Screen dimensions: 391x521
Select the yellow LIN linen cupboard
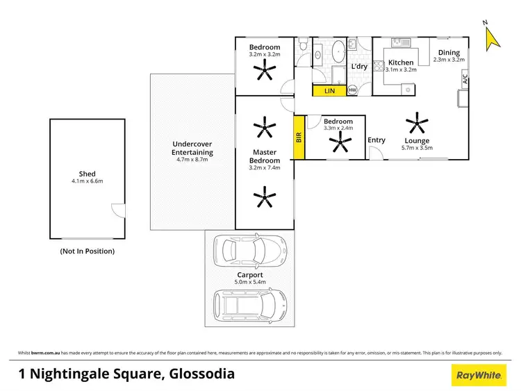[x=330, y=90]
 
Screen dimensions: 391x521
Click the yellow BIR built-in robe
[x=299, y=138]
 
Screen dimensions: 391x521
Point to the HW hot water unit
[x=352, y=90]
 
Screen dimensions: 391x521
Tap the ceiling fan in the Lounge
[x=417, y=124]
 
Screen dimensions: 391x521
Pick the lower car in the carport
[x=250, y=303]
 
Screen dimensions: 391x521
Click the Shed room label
[x=87, y=174]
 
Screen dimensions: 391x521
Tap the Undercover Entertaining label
[x=192, y=149]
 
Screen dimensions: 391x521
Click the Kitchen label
[x=401, y=63]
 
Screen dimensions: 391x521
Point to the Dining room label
[x=448, y=52]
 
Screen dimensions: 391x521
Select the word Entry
[x=377, y=140]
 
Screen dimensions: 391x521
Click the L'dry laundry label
[x=359, y=67]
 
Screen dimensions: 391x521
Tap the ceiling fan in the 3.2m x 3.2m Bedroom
[x=265, y=69]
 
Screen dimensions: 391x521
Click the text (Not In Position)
[x=88, y=251]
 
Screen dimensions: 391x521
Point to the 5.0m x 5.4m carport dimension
[x=249, y=283]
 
